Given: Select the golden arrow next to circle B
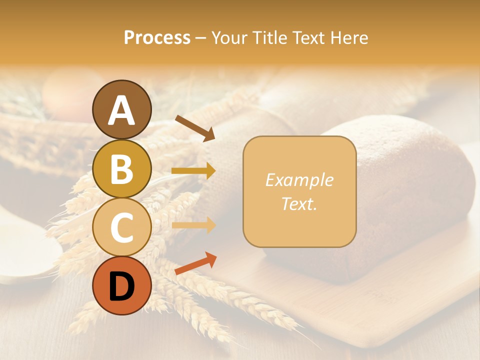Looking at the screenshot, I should pos(193,171).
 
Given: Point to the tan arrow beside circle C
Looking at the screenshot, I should pos(193,225).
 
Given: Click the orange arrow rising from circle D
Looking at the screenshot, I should pos(195,263).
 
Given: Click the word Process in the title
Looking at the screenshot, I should pos(157,37).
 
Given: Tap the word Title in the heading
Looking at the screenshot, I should pos(269,37).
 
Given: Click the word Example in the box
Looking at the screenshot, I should pos(299,180).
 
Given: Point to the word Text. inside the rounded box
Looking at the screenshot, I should pos(299,203).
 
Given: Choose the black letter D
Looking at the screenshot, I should pos(122,286).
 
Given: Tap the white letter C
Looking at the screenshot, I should pos(122,228).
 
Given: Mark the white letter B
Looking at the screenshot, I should pos(122,169).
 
